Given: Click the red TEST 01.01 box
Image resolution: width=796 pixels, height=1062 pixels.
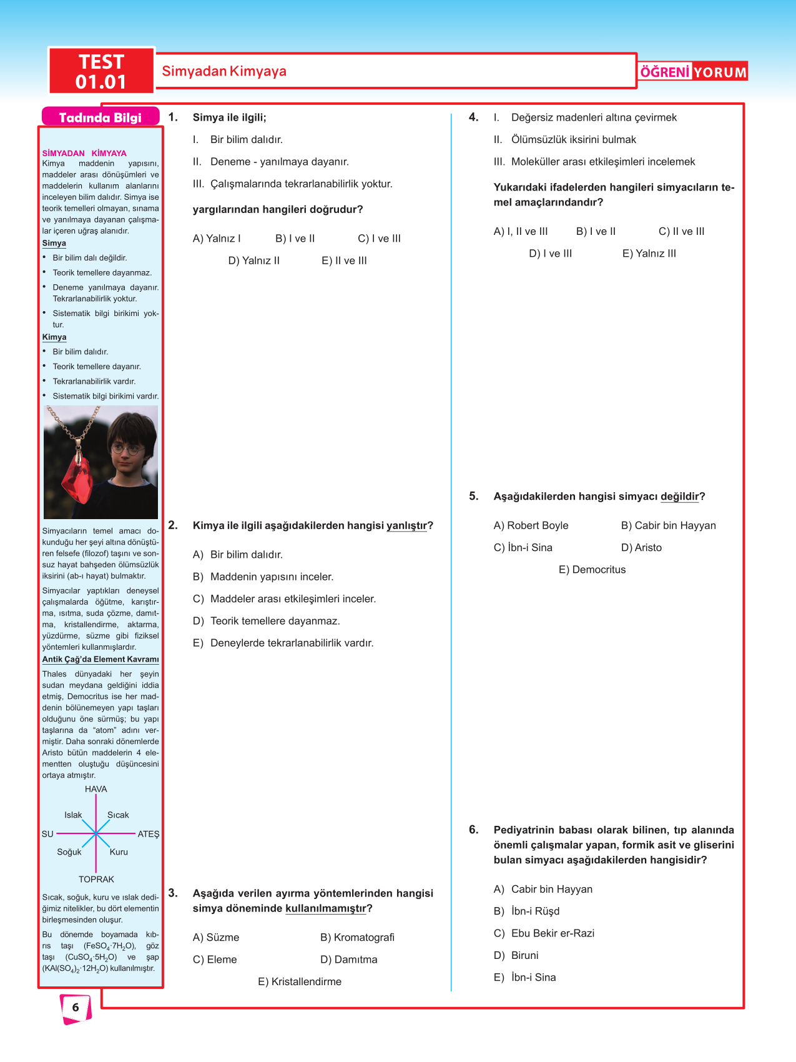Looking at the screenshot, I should (101, 71).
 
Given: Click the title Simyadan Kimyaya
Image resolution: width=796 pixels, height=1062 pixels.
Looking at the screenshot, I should (224, 71).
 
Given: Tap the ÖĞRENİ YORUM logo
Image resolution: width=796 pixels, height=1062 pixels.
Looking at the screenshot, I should (693, 72).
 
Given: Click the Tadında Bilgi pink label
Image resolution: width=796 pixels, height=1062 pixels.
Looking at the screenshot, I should (100, 117).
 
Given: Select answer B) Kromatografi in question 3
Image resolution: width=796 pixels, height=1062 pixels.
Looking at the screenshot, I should (357, 937).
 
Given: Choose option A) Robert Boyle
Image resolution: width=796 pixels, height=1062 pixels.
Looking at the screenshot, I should (531, 525).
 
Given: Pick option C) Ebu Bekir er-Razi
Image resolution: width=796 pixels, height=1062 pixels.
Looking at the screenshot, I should (544, 933).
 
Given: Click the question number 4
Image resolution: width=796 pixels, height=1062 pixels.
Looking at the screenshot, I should (474, 117).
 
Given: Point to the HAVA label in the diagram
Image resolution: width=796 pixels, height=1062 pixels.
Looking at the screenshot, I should (96, 789).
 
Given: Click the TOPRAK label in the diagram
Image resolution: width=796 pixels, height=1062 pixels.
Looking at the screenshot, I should (96, 879).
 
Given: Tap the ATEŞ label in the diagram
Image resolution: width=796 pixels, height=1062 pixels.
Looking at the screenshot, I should (149, 834).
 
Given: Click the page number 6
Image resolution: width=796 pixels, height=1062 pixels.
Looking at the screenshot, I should (76, 1007).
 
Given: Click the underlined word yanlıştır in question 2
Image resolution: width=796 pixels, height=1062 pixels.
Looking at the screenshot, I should (406, 525).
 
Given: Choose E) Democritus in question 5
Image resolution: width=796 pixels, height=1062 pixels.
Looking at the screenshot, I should (592, 569).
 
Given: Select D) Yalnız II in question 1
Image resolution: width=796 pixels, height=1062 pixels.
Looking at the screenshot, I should (253, 261).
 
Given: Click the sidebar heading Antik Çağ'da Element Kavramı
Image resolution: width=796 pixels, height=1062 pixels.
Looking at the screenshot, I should (101, 659).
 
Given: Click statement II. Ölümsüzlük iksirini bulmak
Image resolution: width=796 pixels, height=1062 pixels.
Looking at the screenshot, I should (564, 139).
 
